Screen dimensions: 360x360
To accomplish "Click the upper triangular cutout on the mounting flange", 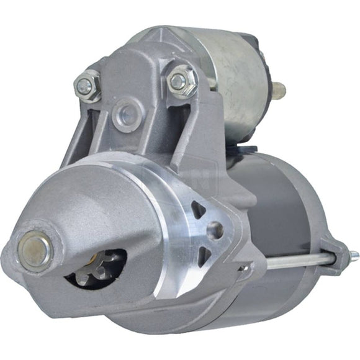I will click(198, 209).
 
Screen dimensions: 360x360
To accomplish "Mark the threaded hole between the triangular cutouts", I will click(214, 231).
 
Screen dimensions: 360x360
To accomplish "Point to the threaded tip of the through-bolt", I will click(353, 254).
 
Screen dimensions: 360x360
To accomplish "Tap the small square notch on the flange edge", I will click(245, 268).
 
